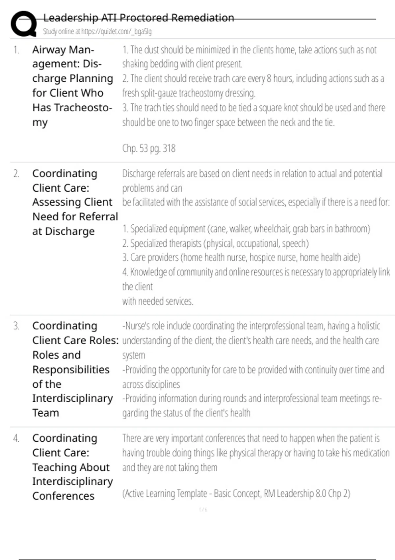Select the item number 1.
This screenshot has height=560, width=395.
[x=16, y=50]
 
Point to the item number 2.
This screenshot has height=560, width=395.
[x=16, y=174]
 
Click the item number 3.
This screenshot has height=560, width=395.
[x=16, y=326]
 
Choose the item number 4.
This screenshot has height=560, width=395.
[x=16, y=438]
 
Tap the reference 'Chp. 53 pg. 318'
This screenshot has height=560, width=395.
[x=149, y=148]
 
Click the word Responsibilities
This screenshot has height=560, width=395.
[x=71, y=370]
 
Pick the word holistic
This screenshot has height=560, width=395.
[x=369, y=326]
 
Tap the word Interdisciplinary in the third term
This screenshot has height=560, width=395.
[x=72, y=399]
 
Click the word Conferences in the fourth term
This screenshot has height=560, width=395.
[x=63, y=496]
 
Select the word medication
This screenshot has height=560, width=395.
[x=368, y=453]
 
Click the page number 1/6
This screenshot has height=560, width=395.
[x=203, y=510]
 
